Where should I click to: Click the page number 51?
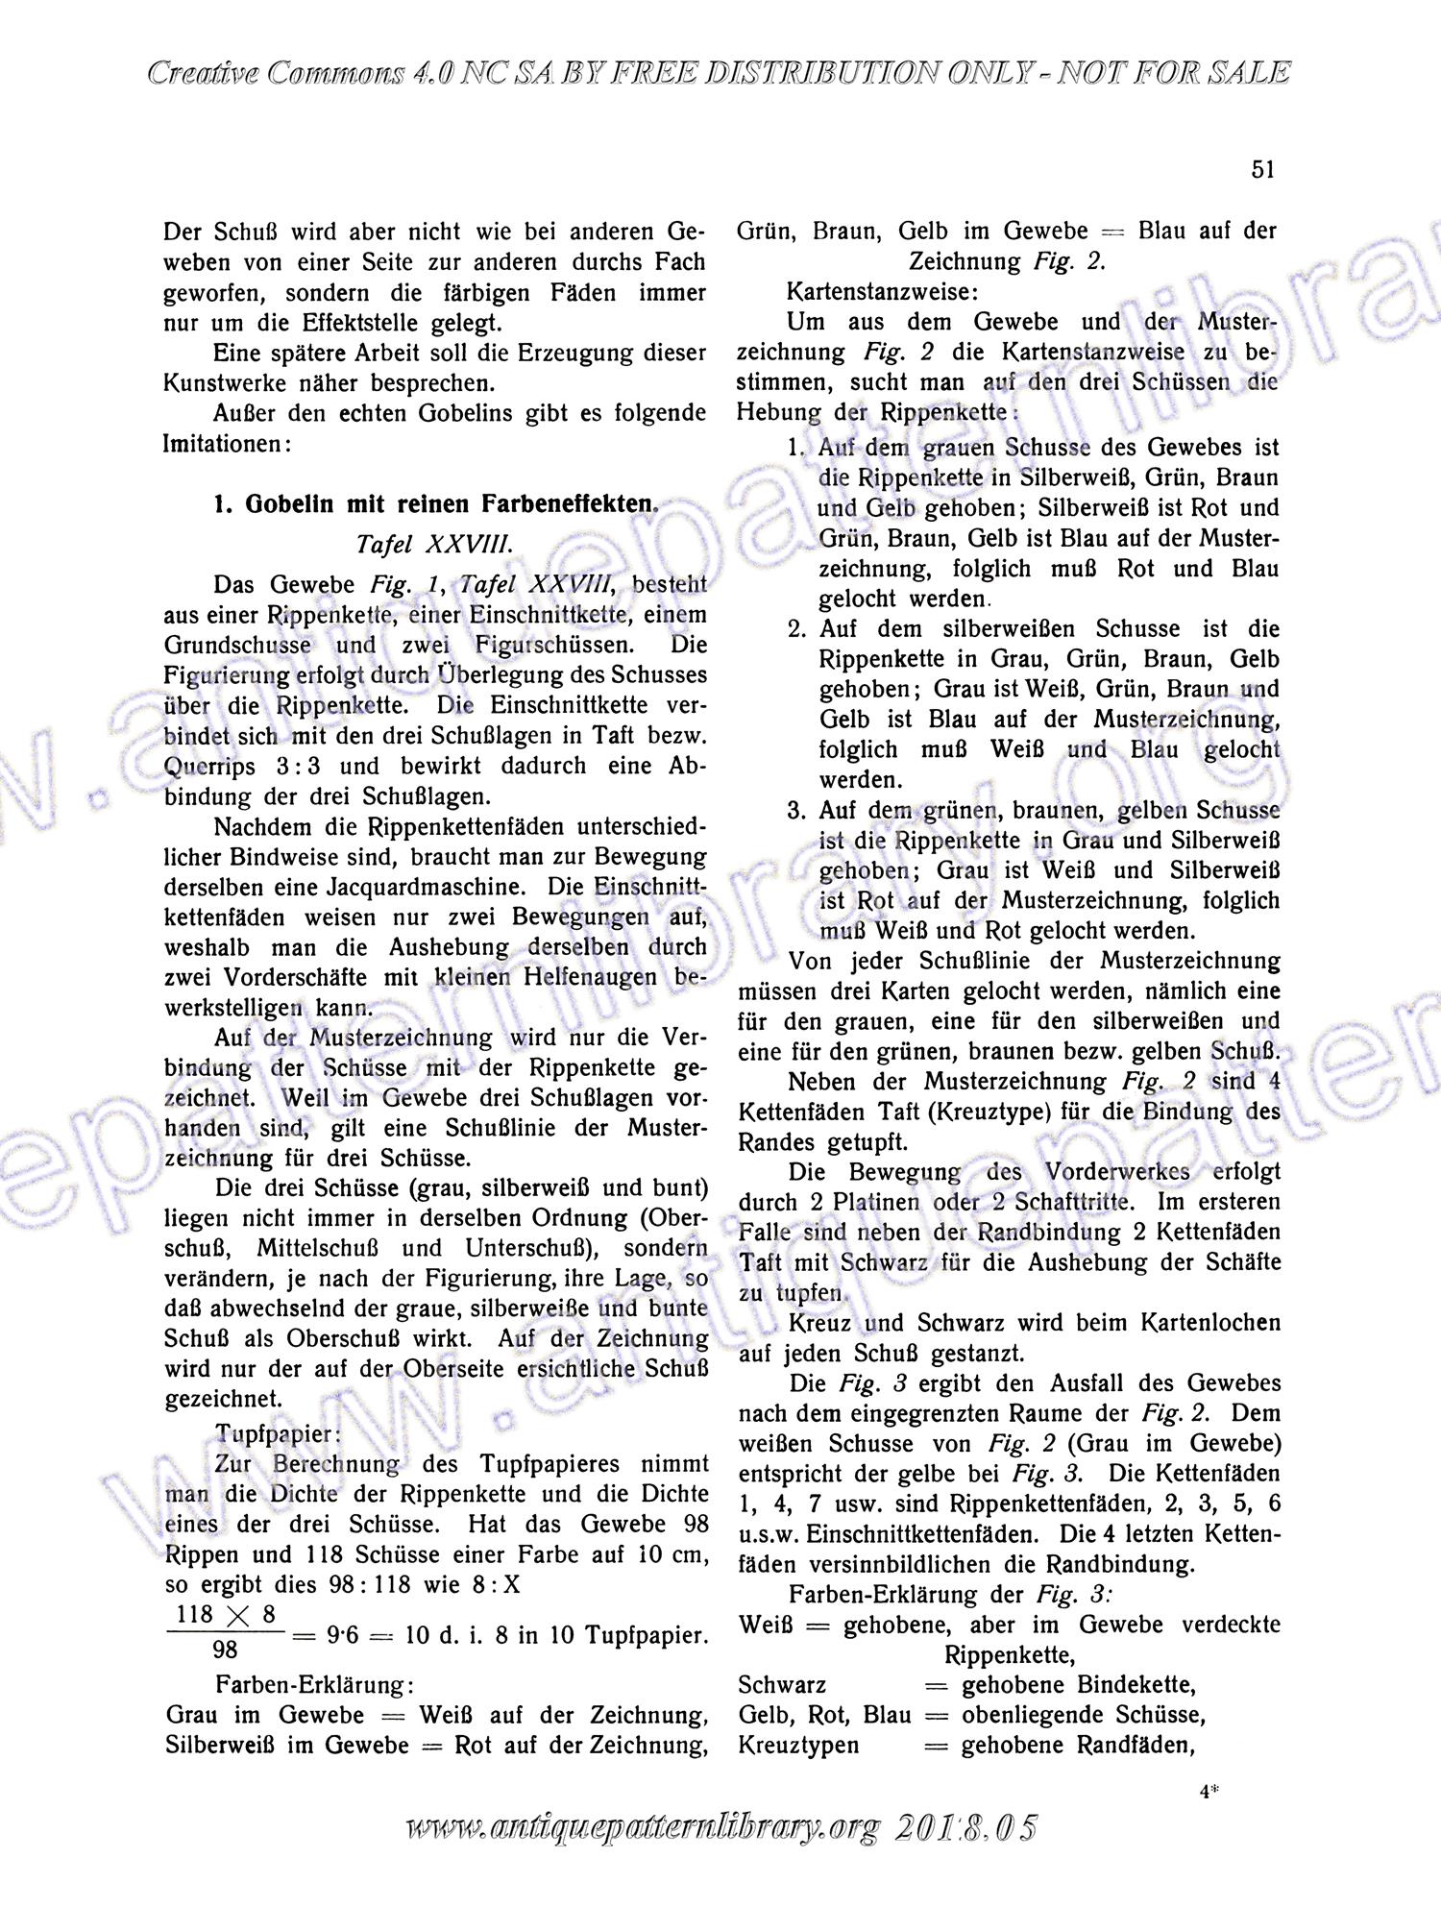point(1263,170)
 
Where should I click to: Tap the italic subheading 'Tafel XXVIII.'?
point(435,544)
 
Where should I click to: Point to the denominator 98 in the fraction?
point(225,1650)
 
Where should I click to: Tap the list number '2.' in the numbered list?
point(797,629)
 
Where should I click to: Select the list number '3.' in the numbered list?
point(797,811)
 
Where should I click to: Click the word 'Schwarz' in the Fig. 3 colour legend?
point(782,1685)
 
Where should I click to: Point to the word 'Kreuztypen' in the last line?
point(798,1745)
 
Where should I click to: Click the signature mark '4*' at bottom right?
point(1209,1791)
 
